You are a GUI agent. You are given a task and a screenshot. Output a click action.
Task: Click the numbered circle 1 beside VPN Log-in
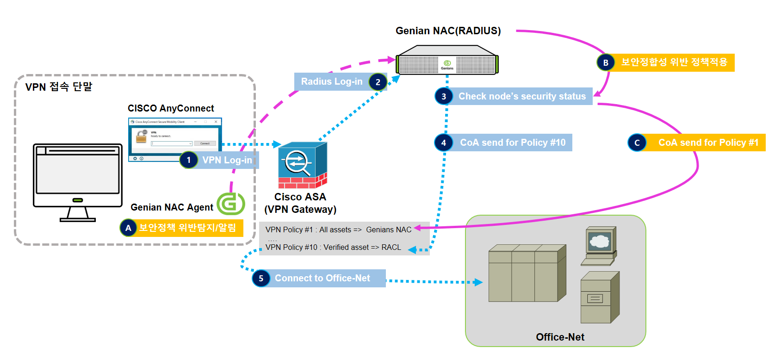pos(189,160)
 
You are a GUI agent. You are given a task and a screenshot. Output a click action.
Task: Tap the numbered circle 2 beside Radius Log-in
pos(378,82)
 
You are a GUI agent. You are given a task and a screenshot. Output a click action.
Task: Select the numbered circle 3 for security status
pos(444,96)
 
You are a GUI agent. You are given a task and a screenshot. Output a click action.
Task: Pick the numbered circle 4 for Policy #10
pos(444,143)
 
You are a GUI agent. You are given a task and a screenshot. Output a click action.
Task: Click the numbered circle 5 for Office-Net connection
pos(261,278)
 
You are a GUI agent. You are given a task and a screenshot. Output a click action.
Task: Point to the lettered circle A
pos(128,228)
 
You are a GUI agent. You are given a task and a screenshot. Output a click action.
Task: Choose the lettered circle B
pos(606,62)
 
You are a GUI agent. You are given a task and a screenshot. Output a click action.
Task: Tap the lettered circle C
pos(637,143)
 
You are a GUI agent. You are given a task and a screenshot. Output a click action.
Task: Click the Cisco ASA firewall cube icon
pos(302,165)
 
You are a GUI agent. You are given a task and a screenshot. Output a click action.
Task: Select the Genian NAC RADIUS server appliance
pos(447,61)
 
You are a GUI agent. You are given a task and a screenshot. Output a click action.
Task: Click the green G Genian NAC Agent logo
pos(231,204)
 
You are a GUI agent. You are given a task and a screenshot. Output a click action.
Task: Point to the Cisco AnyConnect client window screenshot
pos(175,139)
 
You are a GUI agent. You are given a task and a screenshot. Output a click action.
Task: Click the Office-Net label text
pos(560,337)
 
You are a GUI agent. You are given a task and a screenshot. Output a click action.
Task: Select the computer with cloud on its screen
pos(599,245)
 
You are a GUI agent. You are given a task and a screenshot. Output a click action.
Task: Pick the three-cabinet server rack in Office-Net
pos(527,273)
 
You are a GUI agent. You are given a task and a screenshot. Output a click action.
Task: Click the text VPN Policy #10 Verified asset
pos(333,248)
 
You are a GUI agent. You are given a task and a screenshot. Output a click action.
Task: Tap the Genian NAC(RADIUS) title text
pos(448,31)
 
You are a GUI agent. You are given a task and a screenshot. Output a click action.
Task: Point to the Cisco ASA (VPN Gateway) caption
pos(300,203)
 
